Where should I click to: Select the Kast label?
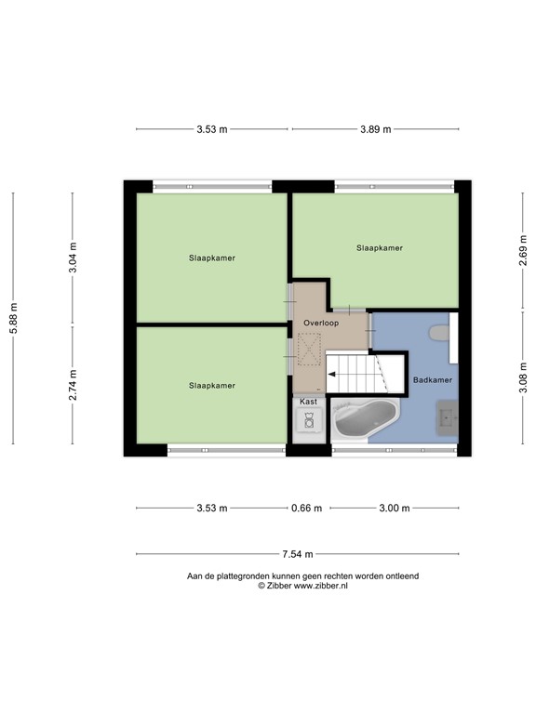308,401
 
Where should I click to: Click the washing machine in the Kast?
308,421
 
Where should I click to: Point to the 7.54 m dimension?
298,554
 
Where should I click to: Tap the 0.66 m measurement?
306,509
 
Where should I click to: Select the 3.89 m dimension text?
375,129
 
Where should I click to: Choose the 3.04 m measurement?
74,252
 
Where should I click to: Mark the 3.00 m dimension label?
395,509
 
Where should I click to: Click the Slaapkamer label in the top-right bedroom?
380,248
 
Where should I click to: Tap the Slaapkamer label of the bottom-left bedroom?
211,385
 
